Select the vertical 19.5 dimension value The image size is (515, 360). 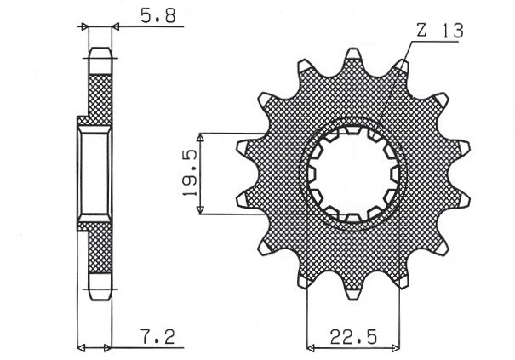click(x=189, y=173)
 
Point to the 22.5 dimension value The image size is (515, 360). click(x=356, y=337)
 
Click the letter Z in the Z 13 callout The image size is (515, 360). click(x=421, y=31)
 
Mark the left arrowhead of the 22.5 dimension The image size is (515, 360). click(x=311, y=347)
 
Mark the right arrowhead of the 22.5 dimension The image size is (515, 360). click(x=398, y=347)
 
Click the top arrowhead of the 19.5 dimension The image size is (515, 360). click(x=200, y=137)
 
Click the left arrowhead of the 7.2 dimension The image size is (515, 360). click(x=82, y=347)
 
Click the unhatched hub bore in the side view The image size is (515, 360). click(x=95, y=174)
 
